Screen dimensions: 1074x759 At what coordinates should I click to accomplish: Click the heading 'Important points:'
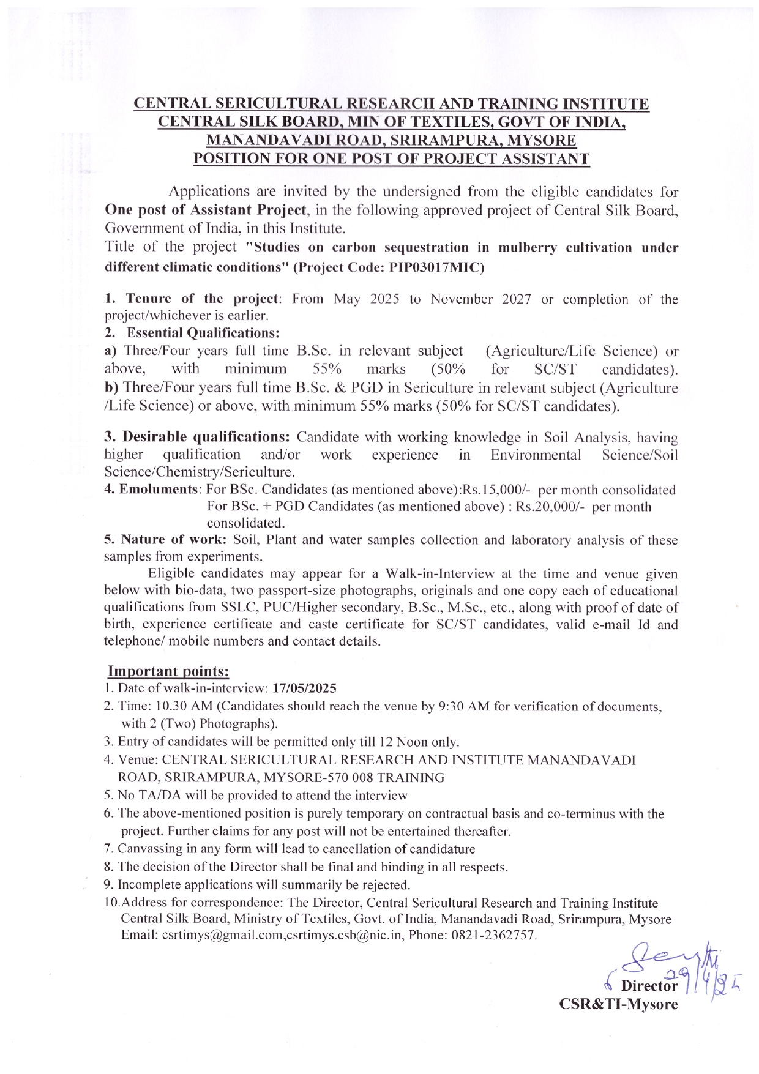click(x=168, y=671)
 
